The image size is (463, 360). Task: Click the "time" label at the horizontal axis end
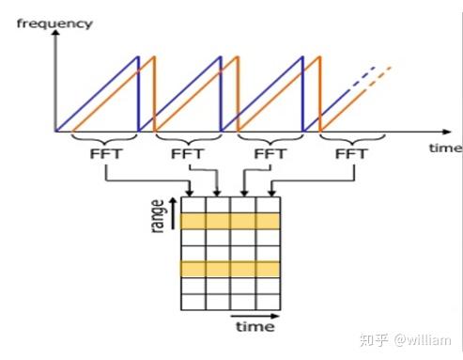tap(445, 149)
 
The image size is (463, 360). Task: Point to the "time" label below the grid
tap(255, 327)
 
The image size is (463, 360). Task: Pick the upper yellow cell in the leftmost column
tap(193, 221)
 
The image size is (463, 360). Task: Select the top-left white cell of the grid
tap(193, 204)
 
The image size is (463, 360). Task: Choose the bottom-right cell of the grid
tap(268, 303)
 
